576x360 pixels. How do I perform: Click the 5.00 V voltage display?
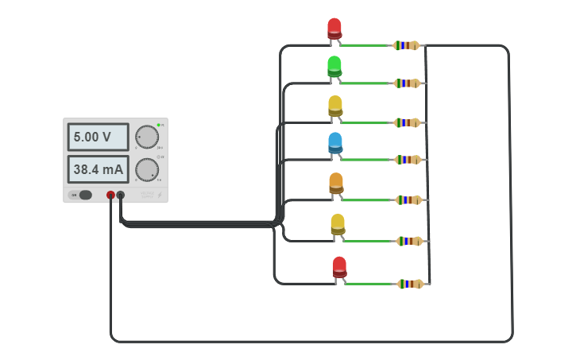[98, 137]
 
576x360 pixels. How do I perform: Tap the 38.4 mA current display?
[98, 169]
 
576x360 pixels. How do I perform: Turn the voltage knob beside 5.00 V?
[146, 137]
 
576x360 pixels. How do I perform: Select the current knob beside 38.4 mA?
[146, 169]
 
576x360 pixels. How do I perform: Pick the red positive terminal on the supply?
[110, 195]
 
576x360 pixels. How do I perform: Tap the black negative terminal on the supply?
[121, 195]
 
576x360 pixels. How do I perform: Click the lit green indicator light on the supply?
[159, 125]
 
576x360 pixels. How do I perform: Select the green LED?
[334, 66]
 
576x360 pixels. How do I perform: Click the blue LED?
[335, 143]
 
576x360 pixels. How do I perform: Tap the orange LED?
[336, 184]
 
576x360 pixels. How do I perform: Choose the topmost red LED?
[334, 29]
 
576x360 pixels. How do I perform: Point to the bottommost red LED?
[339, 267]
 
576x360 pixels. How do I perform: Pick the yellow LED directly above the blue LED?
[335, 106]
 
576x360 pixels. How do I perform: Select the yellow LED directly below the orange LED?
[338, 224]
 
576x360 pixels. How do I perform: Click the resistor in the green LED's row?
[407, 83]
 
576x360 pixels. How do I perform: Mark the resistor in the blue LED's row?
[408, 160]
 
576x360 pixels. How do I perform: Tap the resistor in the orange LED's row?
[408, 200]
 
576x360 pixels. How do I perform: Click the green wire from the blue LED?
[367, 160]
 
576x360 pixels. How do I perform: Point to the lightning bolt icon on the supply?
[159, 195]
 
